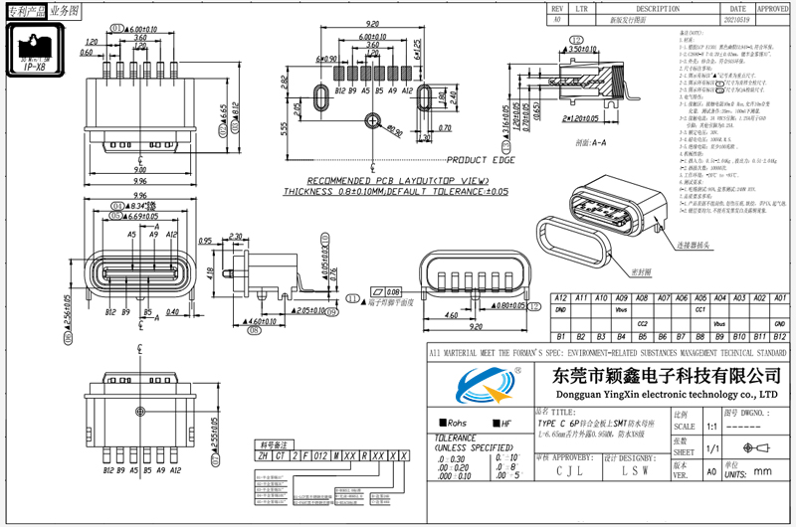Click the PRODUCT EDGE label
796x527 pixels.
(480, 160)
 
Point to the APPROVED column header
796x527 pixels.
(772, 7)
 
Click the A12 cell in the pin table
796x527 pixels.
(560, 298)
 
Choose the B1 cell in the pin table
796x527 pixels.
(560, 338)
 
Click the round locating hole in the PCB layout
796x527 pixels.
(372, 120)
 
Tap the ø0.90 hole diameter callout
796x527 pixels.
(394, 130)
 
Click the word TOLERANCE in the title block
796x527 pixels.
(457, 438)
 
